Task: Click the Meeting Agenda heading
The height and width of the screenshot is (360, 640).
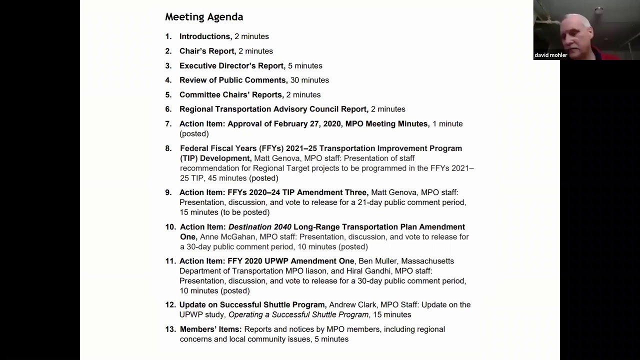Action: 204,17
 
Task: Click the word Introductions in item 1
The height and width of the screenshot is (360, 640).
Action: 204,36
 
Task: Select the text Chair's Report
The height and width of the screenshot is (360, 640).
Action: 206,51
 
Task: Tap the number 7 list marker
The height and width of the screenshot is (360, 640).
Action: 168,123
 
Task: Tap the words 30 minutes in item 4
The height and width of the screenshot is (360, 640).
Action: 309,80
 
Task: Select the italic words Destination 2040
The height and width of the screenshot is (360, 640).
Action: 259,227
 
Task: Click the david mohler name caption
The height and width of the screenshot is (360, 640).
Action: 550,55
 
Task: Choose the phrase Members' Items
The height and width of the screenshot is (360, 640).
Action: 210,329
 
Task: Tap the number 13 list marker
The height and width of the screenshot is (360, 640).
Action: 170,329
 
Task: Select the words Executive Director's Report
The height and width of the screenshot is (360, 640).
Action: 231,65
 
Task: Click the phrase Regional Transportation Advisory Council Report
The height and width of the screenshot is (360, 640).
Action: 273,109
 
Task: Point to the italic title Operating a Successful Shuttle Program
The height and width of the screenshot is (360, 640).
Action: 298,314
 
